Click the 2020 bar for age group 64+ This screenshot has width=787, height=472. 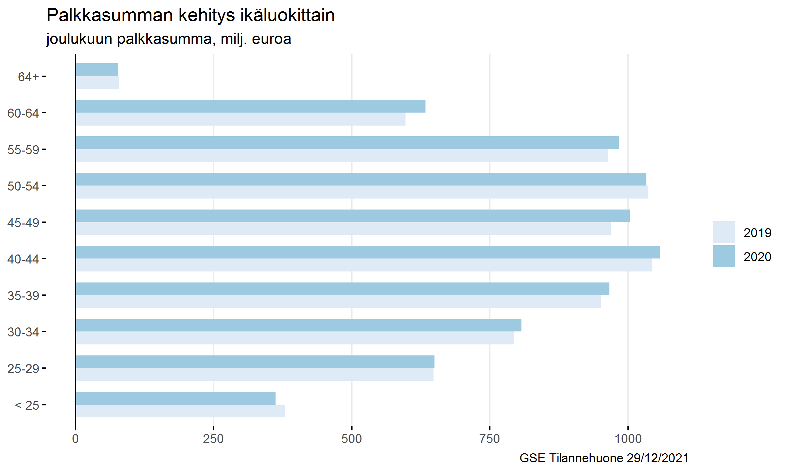click(x=97, y=70)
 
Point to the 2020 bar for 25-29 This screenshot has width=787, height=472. click(x=255, y=362)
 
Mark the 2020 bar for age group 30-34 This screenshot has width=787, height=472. click(x=299, y=325)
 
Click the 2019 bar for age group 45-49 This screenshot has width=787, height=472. click(x=343, y=229)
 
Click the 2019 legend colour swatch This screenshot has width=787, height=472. click(x=724, y=232)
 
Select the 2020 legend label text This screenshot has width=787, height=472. click(x=757, y=257)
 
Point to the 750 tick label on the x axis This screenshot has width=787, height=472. click(x=489, y=439)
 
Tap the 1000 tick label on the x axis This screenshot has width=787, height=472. click(x=628, y=439)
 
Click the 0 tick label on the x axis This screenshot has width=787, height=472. click(x=76, y=439)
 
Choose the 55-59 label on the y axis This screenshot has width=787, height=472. click(x=23, y=150)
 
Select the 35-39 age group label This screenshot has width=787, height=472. click(x=23, y=296)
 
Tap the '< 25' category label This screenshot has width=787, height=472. click(x=27, y=405)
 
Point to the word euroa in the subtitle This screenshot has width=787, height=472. click(x=272, y=39)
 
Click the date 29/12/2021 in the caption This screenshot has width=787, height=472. click(x=657, y=458)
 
